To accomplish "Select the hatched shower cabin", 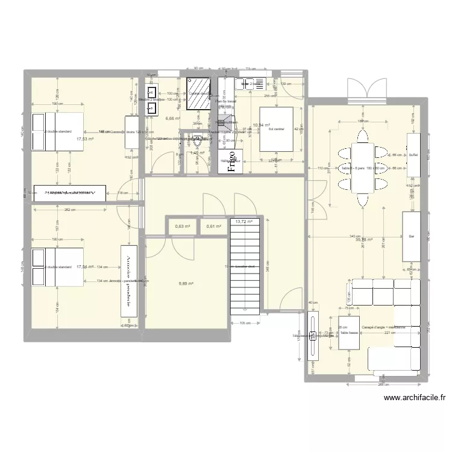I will click(199, 94).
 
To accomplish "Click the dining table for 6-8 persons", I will click(363, 166).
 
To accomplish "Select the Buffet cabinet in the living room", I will click(413, 155).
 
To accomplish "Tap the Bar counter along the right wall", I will click(412, 236).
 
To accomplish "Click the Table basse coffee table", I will click(349, 332).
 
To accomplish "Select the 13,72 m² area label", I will click(244, 222).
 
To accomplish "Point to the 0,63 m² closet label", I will click(183, 227).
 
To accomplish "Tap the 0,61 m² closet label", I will click(215, 227).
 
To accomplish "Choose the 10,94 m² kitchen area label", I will click(261, 125).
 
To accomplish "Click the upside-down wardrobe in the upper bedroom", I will click(70, 192).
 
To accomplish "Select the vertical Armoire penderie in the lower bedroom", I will click(130, 280).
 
